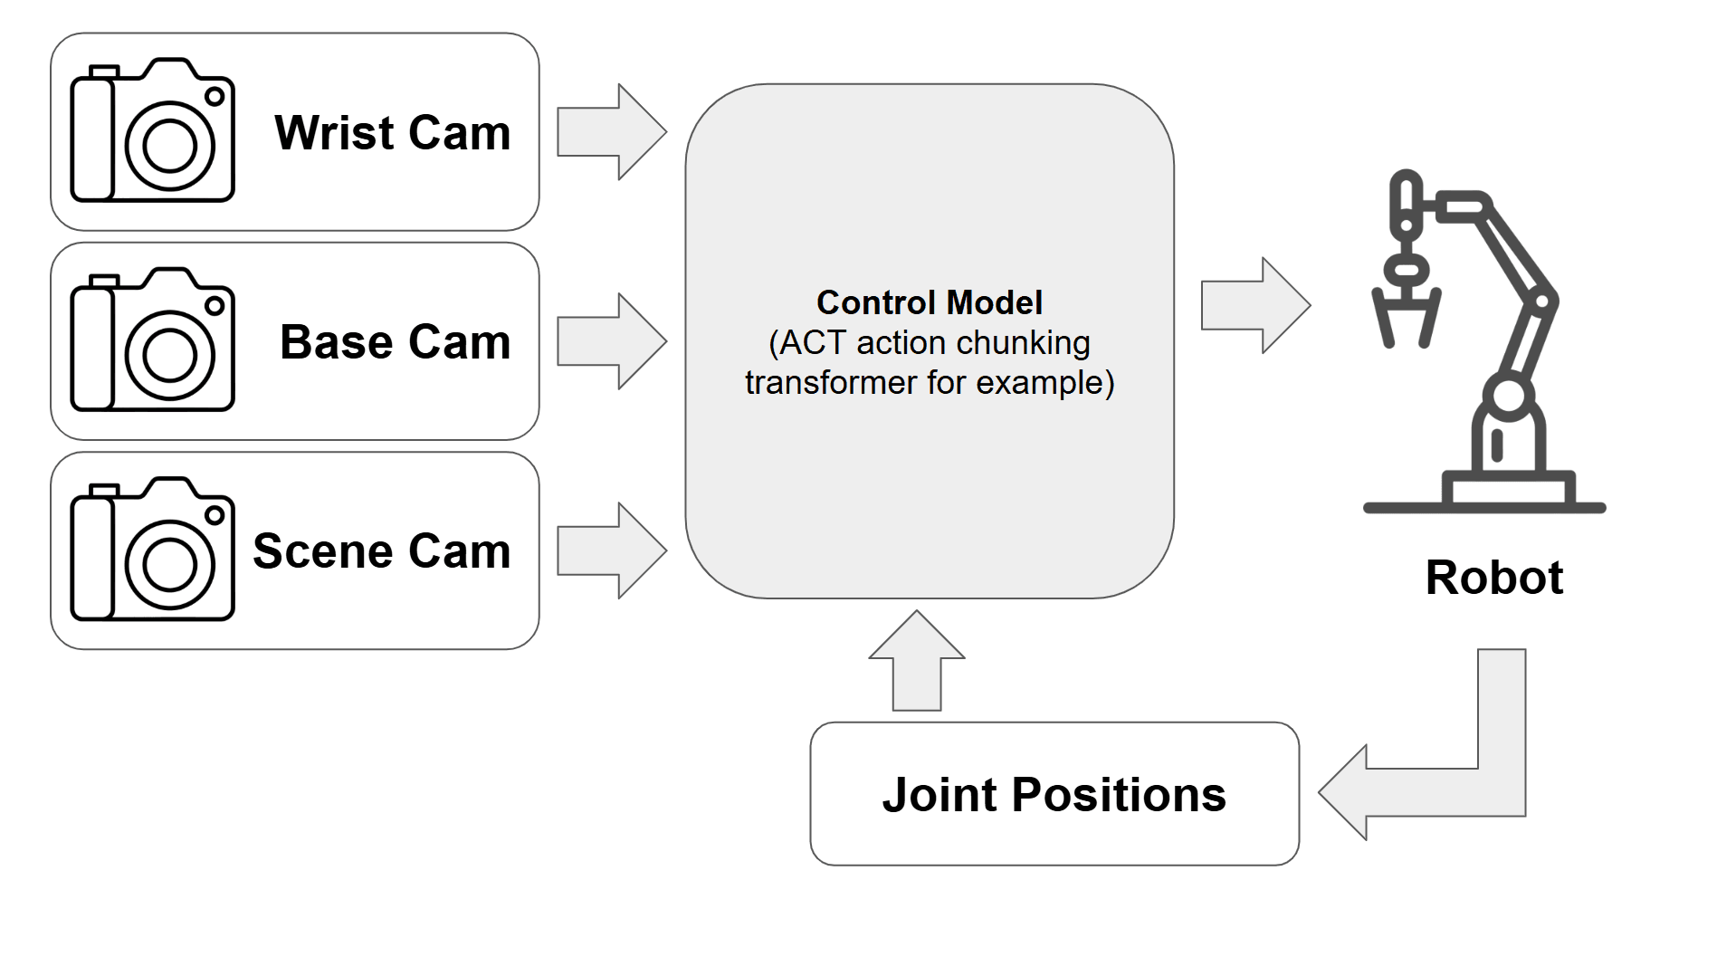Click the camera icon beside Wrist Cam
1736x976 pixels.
point(152,131)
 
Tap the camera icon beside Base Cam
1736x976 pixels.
point(152,340)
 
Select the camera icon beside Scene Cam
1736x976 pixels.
point(152,550)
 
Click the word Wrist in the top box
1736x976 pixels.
point(334,133)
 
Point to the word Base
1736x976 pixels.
point(336,342)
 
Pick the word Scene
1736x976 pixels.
point(322,551)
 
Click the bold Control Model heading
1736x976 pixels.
point(929,302)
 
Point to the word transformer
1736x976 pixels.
point(830,383)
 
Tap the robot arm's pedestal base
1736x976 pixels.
point(1508,490)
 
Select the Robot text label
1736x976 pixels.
point(1493,578)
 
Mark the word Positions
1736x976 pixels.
point(1118,795)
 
